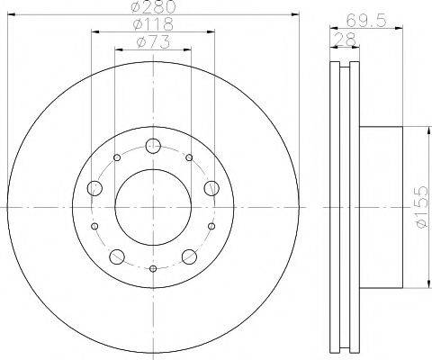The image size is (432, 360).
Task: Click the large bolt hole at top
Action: (153, 146)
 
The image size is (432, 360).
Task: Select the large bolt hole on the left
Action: (95, 188)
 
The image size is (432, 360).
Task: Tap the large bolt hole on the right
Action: (211, 187)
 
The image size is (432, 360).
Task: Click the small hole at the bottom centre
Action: (153, 269)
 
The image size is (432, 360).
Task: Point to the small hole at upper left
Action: (118, 158)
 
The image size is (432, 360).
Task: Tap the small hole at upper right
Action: (189, 158)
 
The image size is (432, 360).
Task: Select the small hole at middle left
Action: (95, 227)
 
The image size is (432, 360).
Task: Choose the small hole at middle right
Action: (211, 227)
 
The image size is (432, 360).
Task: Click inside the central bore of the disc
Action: (153, 206)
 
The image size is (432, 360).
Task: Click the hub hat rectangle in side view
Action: (382, 207)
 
